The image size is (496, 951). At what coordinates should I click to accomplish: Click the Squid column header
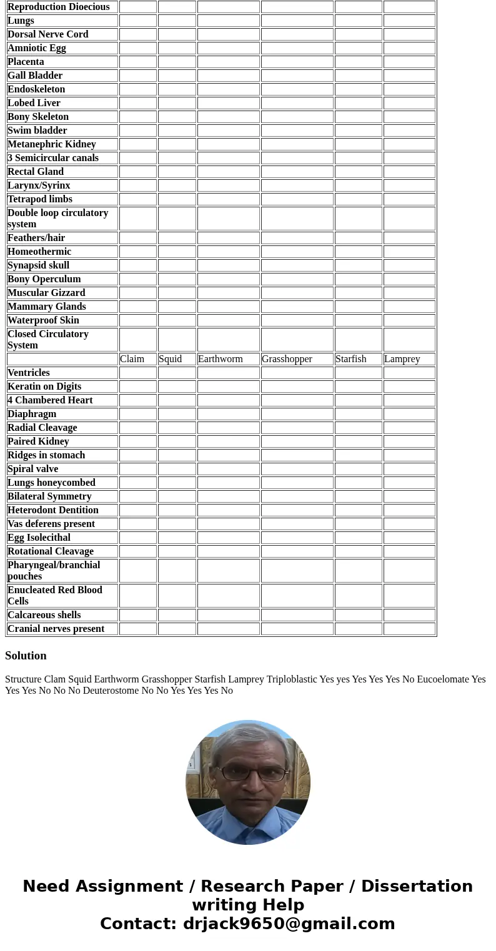click(x=170, y=359)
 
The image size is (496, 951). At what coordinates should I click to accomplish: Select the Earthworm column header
click(x=220, y=359)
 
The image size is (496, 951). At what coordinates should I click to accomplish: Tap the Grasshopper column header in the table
click(x=287, y=359)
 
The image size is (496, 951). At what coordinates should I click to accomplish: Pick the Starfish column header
click(x=350, y=359)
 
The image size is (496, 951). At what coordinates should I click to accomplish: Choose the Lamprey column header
click(x=402, y=359)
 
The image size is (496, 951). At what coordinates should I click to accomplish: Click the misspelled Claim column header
click(x=132, y=359)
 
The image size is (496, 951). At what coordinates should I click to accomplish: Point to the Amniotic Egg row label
click(x=37, y=48)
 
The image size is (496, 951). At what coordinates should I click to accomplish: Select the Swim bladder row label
click(x=37, y=131)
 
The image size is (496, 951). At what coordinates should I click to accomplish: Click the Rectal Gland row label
click(x=36, y=172)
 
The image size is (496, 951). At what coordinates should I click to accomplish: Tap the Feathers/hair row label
click(x=36, y=238)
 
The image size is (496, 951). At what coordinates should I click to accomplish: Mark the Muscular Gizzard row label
click(x=46, y=293)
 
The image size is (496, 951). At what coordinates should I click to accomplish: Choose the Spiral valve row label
click(x=33, y=469)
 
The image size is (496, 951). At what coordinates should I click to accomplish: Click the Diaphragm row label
click(x=32, y=414)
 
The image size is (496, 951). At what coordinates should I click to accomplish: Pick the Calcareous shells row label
click(x=44, y=615)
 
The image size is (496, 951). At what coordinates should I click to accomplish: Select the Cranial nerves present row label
click(x=56, y=629)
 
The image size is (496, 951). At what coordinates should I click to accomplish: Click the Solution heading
click(x=26, y=656)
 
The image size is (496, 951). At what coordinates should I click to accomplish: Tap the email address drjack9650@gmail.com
click(x=289, y=924)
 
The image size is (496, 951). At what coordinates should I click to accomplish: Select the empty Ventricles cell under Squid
click(x=177, y=373)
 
